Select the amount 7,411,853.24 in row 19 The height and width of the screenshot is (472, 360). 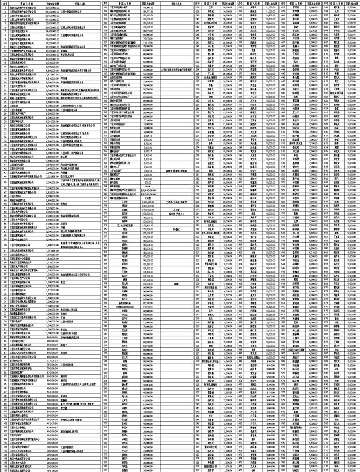coord(52,74)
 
